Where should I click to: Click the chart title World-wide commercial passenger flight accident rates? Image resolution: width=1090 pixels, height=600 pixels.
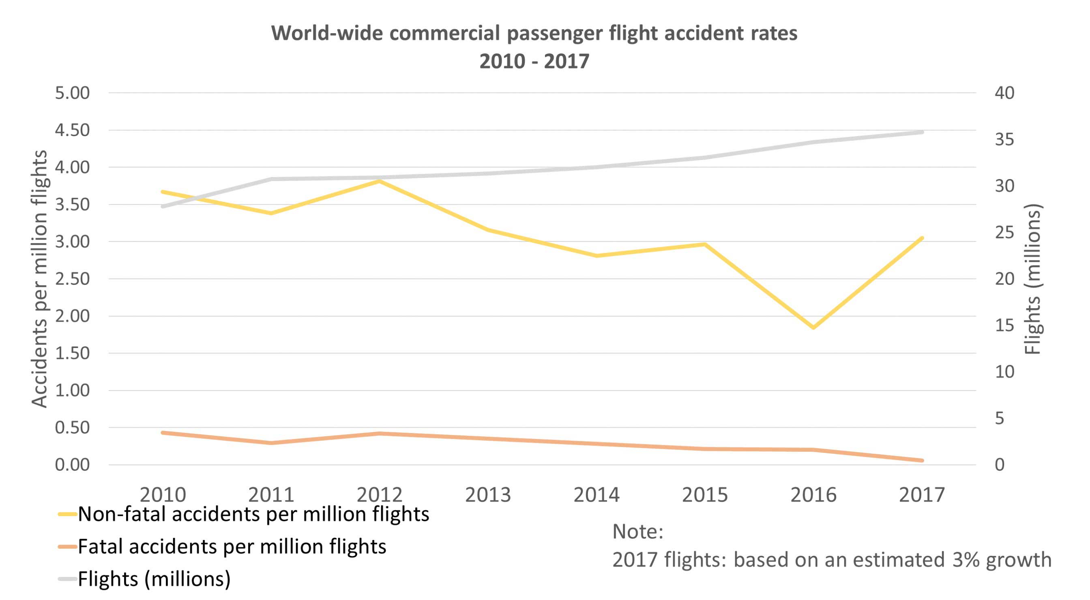[534, 33]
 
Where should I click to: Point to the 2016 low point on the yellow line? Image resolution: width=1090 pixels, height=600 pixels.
[813, 327]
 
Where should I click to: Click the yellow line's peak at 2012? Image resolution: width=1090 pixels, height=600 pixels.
[380, 181]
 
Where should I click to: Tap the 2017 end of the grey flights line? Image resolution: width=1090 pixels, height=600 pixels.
[922, 132]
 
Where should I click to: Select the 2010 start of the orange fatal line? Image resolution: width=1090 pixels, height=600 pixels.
[163, 433]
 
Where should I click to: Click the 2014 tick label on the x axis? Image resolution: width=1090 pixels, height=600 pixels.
[596, 495]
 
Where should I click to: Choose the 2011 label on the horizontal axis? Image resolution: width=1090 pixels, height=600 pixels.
[271, 495]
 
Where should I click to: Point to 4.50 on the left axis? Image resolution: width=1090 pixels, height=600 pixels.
[72, 130]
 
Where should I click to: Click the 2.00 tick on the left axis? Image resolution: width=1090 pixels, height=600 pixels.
[72, 316]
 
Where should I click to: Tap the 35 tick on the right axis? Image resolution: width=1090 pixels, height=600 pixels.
[1004, 139]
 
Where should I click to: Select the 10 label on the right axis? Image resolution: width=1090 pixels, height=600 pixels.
[1004, 372]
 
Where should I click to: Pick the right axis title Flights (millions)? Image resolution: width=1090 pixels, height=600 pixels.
[1033, 279]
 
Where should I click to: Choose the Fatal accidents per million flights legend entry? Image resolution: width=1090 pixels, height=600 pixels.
[232, 547]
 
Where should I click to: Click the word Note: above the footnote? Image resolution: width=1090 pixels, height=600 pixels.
[638, 532]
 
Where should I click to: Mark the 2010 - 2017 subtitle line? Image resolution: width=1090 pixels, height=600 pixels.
[534, 61]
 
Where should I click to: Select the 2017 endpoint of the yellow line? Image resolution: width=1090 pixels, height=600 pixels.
[922, 239]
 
